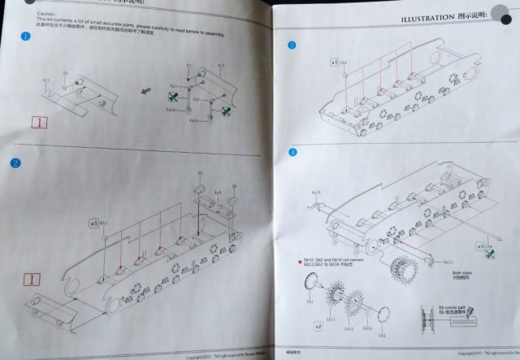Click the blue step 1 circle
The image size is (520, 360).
[x=26, y=37]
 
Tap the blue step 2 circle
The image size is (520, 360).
[x=16, y=163]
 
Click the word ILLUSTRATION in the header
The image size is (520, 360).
[x=427, y=18]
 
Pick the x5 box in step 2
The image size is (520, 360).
[x=94, y=222]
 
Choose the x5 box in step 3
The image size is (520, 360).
[x=334, y=61]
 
